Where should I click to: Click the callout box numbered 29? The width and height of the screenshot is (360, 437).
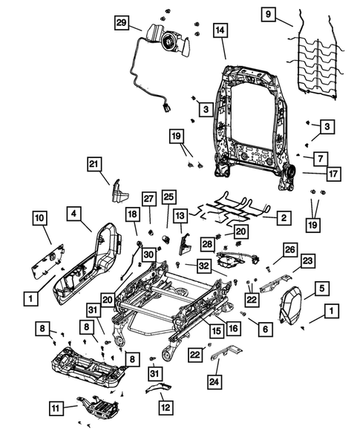(122, 23)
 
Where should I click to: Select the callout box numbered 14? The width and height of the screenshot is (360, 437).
(220, 30)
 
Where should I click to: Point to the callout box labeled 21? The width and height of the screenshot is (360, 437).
(94, 164)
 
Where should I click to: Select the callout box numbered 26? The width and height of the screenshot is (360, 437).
(290, 249)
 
